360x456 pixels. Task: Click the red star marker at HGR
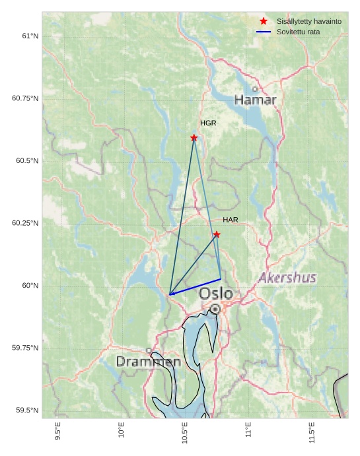194,138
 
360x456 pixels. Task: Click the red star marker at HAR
217,234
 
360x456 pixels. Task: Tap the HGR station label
208,123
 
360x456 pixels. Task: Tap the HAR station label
231,220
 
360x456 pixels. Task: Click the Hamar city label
255,100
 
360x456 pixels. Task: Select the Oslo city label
216,293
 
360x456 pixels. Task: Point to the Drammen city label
149,362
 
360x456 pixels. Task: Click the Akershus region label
287,278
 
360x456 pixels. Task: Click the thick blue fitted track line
195,287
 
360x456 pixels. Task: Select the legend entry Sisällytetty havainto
308,21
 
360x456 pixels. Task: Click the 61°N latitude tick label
30,36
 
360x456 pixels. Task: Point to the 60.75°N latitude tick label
25,98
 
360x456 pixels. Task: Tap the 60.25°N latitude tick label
25,223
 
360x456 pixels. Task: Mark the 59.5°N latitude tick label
27,410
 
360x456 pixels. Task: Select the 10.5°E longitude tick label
185,430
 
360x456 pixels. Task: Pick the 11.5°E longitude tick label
312,430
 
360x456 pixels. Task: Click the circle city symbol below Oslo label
215,309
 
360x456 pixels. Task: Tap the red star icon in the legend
264,21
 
